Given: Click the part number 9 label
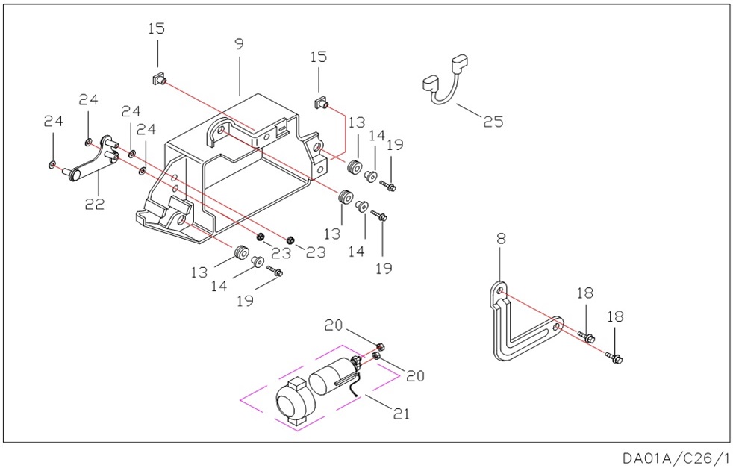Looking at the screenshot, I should pos(239,44).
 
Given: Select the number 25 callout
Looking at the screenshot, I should pos(493,121).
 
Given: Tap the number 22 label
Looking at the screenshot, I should pos(94,203).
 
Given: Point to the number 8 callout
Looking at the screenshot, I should pos(501,239).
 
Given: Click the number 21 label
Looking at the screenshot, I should pos(402,413).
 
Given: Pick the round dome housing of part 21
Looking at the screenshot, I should pos(292,403).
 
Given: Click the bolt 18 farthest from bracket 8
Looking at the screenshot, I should pos(617,359).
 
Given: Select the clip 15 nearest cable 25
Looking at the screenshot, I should pos(322,102).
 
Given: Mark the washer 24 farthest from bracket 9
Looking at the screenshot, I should pos(52,163).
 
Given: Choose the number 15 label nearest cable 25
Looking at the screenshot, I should pos(319,57).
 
